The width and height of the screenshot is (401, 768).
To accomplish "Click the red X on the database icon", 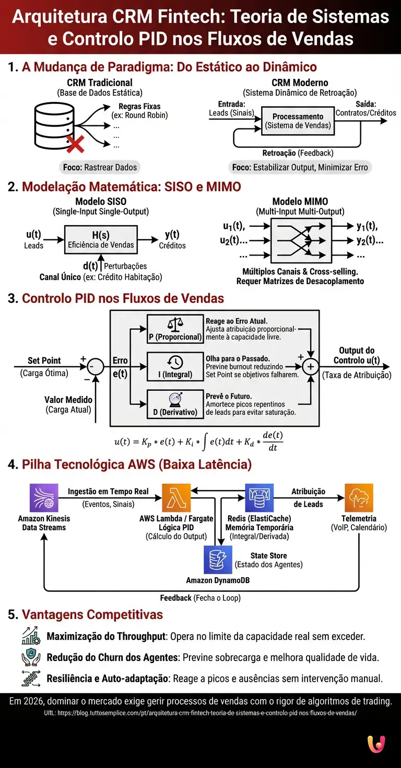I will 76,143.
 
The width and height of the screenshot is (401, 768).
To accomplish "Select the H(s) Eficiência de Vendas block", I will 101,240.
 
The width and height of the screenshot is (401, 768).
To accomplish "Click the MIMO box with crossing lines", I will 301,240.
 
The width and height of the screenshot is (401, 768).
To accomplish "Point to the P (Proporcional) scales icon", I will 175,324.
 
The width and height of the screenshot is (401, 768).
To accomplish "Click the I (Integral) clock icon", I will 175,362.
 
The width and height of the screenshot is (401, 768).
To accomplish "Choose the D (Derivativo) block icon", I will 175,400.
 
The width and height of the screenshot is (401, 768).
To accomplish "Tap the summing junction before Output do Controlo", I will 311,367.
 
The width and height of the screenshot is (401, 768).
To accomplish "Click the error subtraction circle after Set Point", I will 95,367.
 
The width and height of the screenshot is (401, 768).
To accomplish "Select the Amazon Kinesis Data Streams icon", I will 44,497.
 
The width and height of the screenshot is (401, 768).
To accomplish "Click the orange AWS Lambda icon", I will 176,497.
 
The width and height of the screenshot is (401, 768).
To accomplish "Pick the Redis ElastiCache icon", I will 260,497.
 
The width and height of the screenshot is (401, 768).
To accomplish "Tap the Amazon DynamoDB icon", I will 217,560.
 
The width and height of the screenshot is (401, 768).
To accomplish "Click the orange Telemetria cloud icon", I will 359,497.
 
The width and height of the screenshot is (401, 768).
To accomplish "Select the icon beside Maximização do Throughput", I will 31,636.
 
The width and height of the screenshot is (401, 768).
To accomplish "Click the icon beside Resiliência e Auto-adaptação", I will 31,678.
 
